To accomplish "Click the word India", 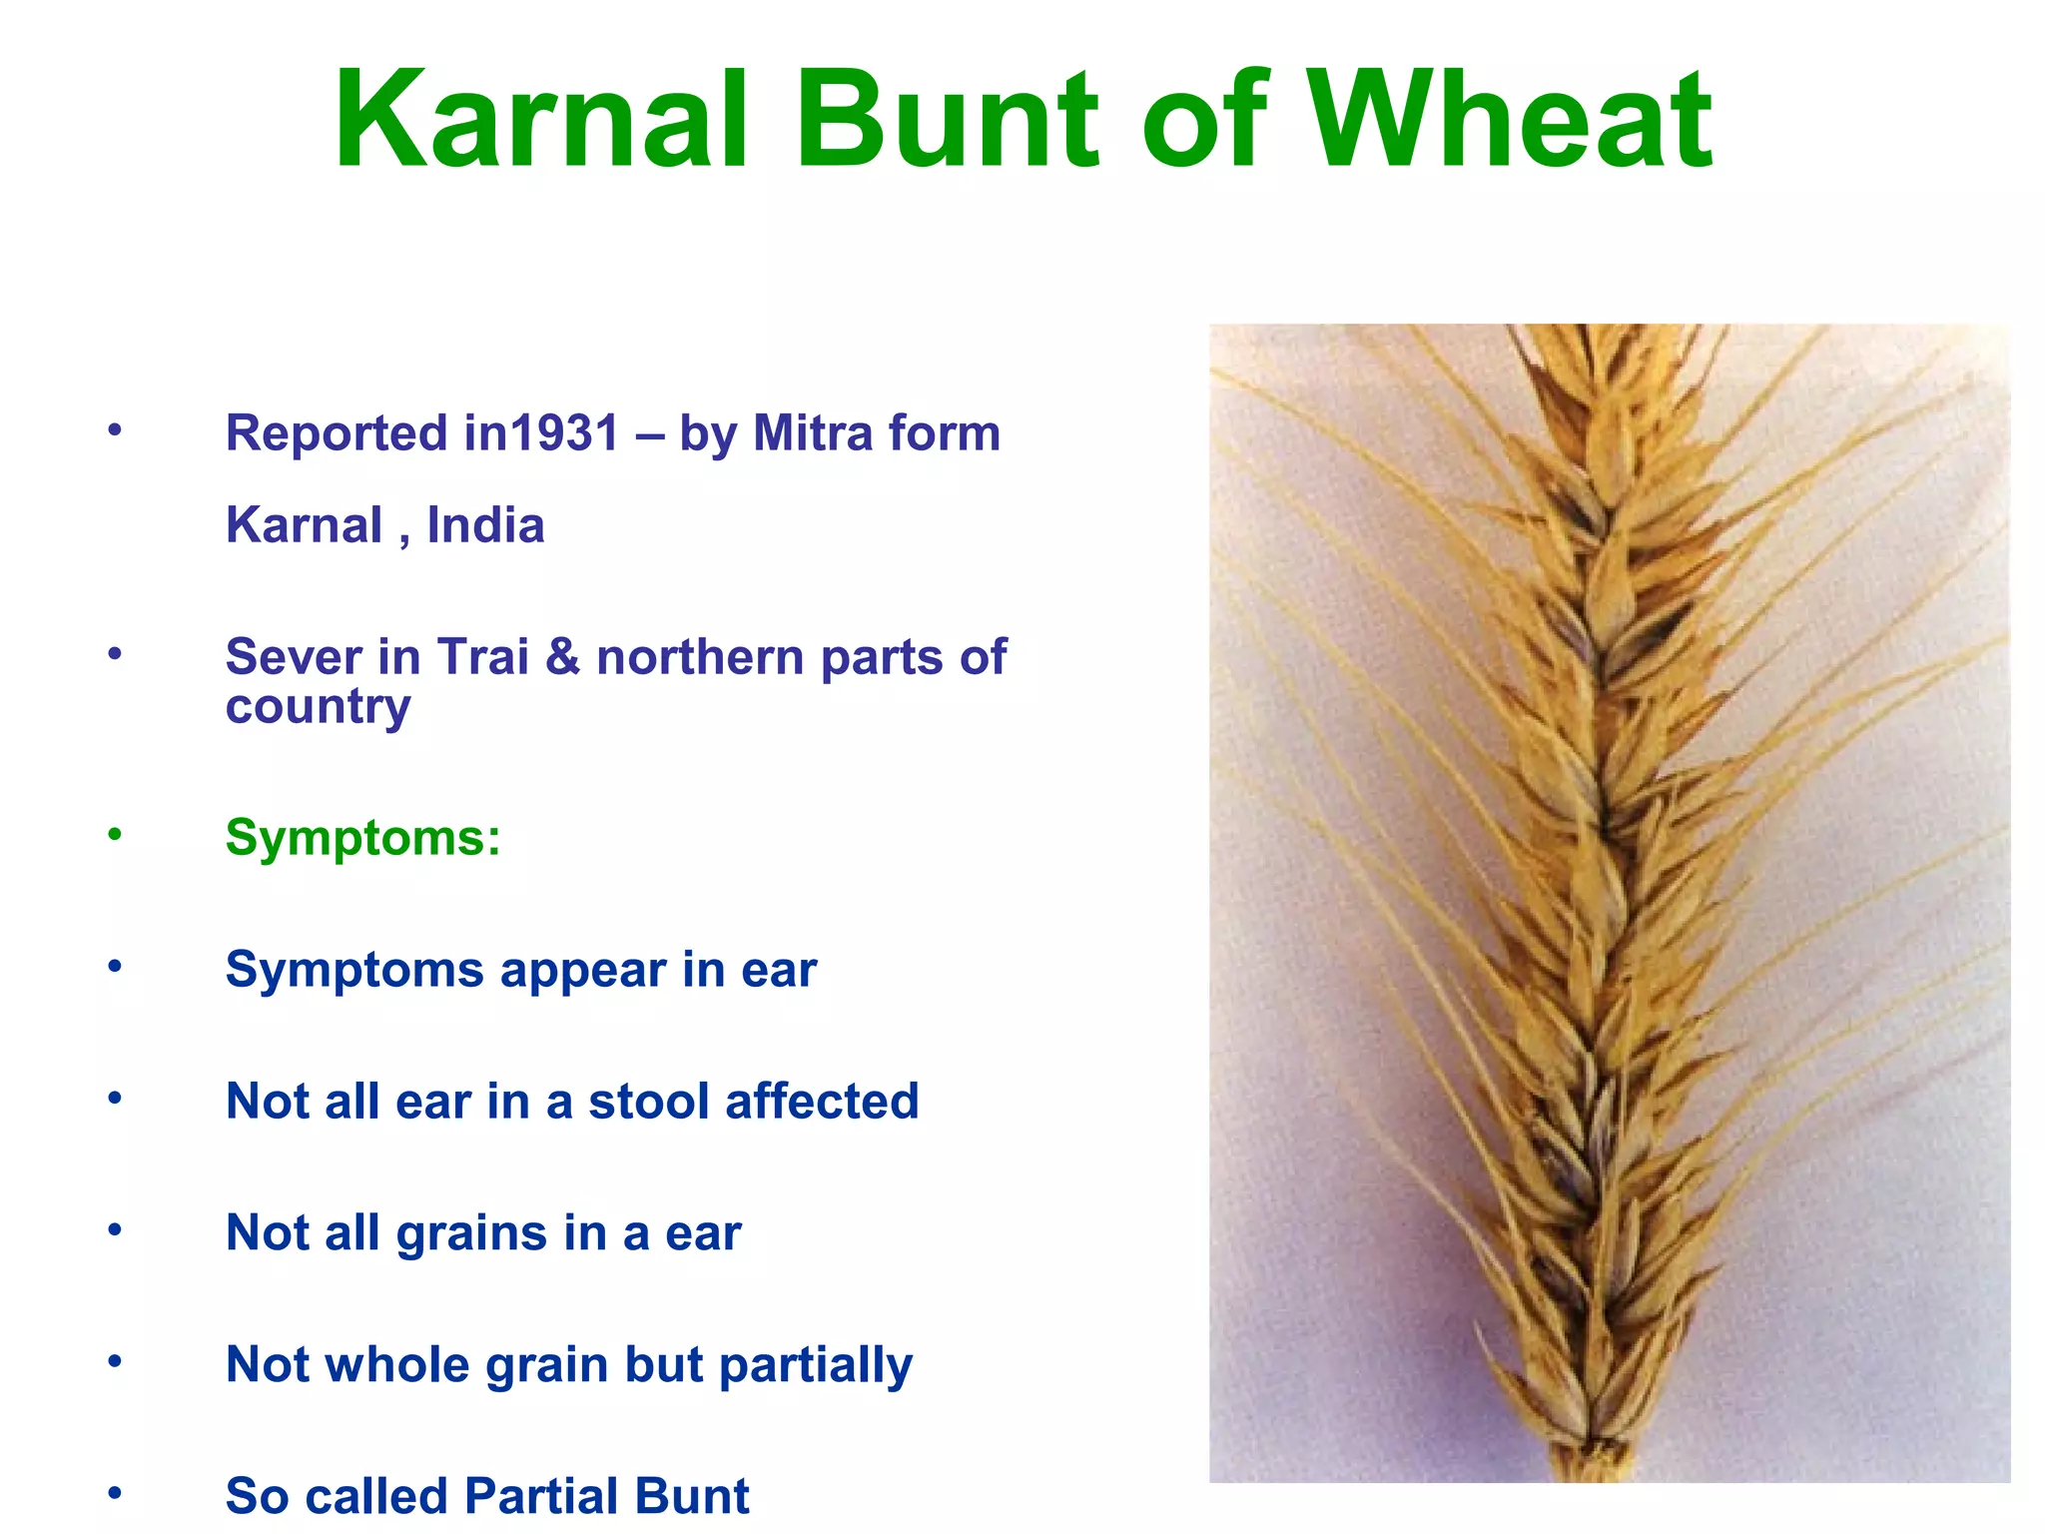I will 485,525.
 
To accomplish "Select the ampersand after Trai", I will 563,657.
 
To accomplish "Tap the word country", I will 318,707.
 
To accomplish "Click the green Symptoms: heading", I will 362,837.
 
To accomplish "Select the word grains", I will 471,1233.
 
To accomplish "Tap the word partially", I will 815,1365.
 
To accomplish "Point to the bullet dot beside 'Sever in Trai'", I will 115,654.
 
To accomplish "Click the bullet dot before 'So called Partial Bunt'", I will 115,1493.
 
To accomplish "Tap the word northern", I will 700,657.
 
